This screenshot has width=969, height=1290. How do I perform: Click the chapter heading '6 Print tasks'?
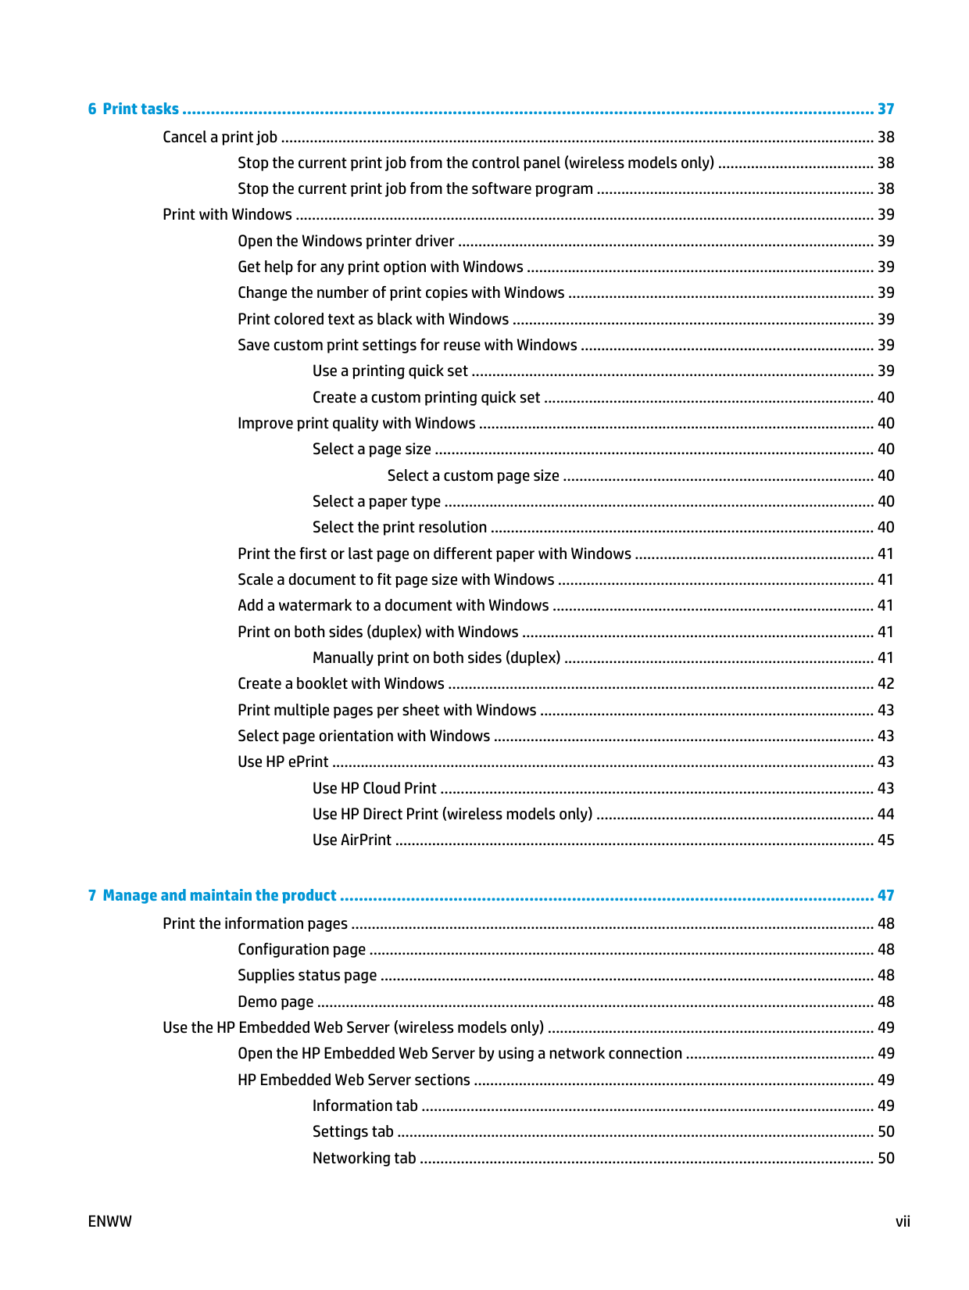click(x=133, y=109)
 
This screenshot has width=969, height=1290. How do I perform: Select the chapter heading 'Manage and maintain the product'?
click(x=219, y=895)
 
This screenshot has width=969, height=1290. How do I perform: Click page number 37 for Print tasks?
click(x=885, y=109)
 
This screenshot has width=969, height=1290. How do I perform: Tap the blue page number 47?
click(x=885, y=895)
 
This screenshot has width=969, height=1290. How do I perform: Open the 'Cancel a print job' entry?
click(x=220, y=137)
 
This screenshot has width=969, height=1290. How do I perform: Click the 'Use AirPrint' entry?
click(x=352, y=840)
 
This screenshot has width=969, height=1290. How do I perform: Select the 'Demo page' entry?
click(x=275, y=1002)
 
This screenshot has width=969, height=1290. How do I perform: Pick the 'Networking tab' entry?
click(x=364, y=1158)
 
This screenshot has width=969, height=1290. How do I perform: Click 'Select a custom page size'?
click(x=473, y=475)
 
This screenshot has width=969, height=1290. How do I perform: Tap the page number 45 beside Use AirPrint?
click(x=885, y=840)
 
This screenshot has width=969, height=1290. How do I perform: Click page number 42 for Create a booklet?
click(x=885, y=683)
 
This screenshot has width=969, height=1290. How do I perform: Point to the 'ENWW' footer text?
click(x=110, y=1221)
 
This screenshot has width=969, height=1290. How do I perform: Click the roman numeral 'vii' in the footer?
click(x=903, y=1221)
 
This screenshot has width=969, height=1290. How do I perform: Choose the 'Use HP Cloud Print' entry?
click(x=374, y=788)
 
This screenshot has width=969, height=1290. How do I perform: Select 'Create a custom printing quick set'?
click(x=426, y=397)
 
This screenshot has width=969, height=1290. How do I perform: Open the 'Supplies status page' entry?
click(x=307, y=975)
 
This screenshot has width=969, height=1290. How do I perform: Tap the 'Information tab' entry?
click(x=365, y=1105)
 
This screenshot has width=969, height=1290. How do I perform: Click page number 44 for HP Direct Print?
click(x=885, y=814)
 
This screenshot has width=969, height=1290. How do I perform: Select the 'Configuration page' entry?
click(x=302, y=949)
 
